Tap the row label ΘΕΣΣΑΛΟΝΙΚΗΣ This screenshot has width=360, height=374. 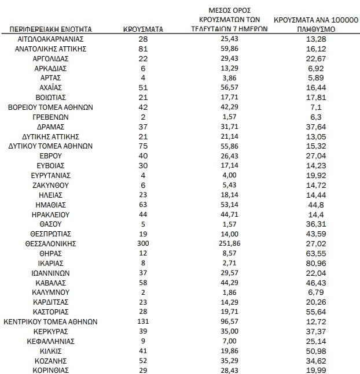point(50,243)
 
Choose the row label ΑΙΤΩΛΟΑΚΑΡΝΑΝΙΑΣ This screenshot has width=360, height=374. point(50,39)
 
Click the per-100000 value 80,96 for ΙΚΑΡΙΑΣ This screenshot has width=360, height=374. point(315,263)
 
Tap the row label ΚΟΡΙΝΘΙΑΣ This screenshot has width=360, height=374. point(50,371)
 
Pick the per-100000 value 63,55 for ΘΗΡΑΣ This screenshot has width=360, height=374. point(315,253)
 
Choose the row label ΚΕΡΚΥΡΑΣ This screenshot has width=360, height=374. point(50,331)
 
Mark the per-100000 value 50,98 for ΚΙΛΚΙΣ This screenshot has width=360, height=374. point(315,351)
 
